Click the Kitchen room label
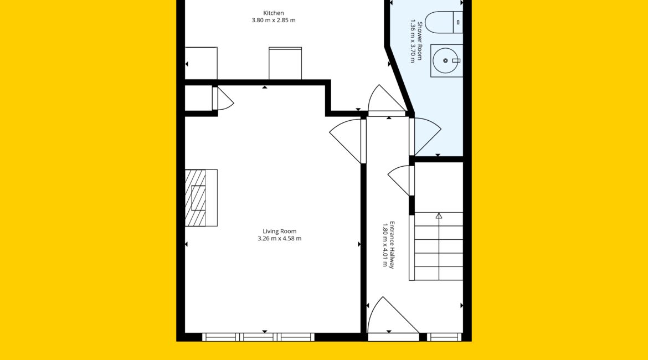pos(274,13)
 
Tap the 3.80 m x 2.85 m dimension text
pos(274,20)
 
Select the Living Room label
pos(279,232)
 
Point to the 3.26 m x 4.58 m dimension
pos(279,239)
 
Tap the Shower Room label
pos(419,41)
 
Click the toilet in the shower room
pos(444,22)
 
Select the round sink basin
pos(445,61)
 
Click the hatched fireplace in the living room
pos(201,198)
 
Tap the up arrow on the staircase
pos(439,216)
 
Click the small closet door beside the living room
pos(223,99)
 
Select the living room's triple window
pos(258,337)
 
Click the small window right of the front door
pos(444,337)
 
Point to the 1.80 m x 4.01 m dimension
pos(385,245)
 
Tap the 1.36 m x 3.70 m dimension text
pos(413,41)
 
